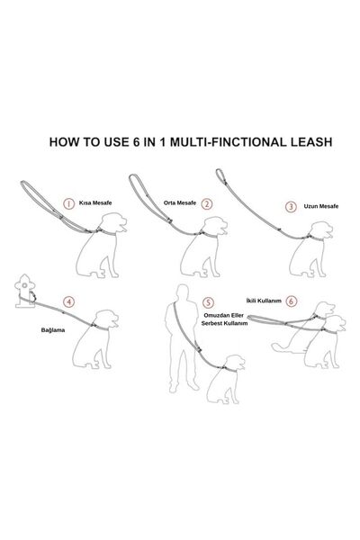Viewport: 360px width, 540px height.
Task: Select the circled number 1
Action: click(67, 203)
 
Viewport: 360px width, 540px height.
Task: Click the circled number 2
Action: click(207, 203)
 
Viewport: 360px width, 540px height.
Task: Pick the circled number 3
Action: click(291, 206)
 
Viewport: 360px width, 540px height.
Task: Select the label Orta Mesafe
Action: click(180, 203)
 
